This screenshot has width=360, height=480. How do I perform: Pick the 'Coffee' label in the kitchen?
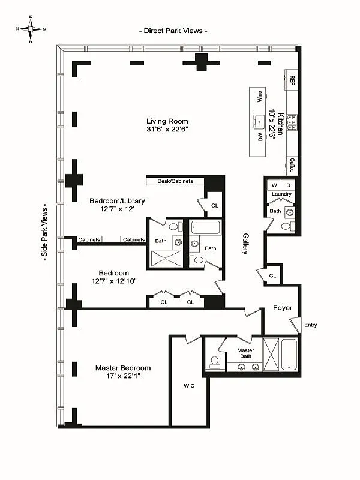point(292,164)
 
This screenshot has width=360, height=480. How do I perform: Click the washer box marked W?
point(274,185)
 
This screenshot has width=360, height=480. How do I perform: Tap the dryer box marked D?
point(287,185)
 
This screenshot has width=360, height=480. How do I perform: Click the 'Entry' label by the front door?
point(310,325)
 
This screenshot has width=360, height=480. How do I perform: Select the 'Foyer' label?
point(283,308)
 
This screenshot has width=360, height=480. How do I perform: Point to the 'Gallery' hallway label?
point(245,244)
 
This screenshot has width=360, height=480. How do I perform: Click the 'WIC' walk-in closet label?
point(189,386)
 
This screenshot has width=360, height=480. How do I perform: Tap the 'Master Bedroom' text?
point(123,368)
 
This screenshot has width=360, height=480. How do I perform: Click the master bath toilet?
point(214,362)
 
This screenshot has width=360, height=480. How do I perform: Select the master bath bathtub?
point(289,355)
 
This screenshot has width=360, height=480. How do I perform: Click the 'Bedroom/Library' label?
point(117,201)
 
